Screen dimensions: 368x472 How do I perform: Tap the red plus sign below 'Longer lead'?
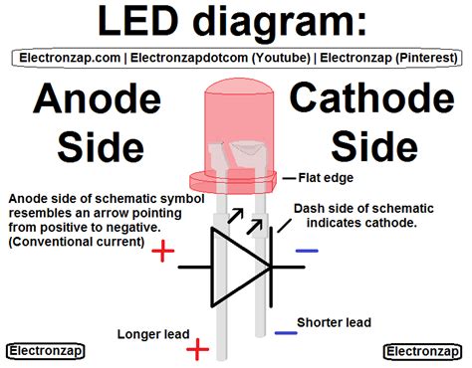click(x=198, y=348)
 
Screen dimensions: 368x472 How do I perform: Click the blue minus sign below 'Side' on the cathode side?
click(x=307, y=251)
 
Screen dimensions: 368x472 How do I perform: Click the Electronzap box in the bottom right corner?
click(x=422, y=351)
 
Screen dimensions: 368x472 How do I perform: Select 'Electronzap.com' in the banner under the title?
click(x=64, y=59)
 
